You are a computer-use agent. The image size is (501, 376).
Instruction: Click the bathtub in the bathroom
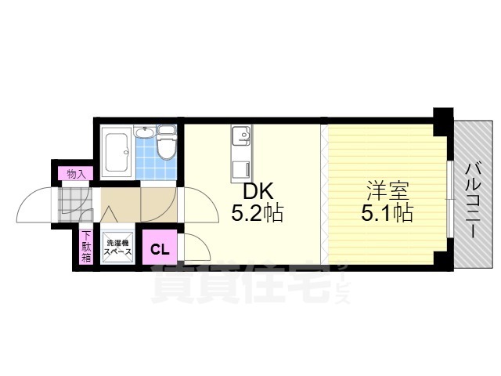117,153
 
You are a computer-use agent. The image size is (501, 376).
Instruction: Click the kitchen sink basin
241,136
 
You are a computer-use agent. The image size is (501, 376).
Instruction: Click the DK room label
258,192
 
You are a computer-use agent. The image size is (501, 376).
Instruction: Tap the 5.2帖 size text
258,213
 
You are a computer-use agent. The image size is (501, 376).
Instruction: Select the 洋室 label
387,191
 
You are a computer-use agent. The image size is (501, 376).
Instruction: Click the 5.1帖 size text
387,212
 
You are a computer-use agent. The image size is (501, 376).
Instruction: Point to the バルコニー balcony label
474,201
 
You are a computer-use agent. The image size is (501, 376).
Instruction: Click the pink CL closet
160,247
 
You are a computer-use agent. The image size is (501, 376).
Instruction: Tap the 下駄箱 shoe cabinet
86,246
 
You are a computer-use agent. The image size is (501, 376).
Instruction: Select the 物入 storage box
76,174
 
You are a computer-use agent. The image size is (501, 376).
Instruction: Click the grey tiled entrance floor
75,204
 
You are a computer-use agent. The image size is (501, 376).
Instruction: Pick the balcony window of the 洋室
450,199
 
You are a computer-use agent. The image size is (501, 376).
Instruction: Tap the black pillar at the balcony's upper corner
443,122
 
